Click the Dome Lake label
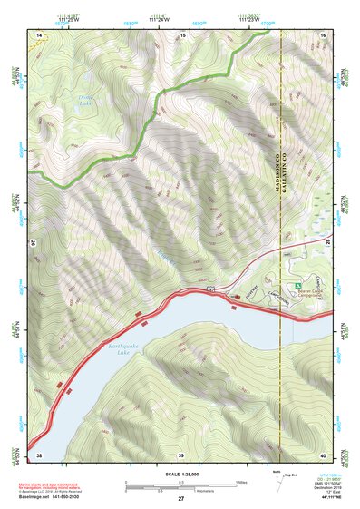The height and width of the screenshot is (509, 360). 85,104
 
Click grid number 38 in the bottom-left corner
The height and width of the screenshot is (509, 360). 39,454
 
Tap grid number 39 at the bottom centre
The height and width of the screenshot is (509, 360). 181,454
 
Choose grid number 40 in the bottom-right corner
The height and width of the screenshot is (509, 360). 323,454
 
